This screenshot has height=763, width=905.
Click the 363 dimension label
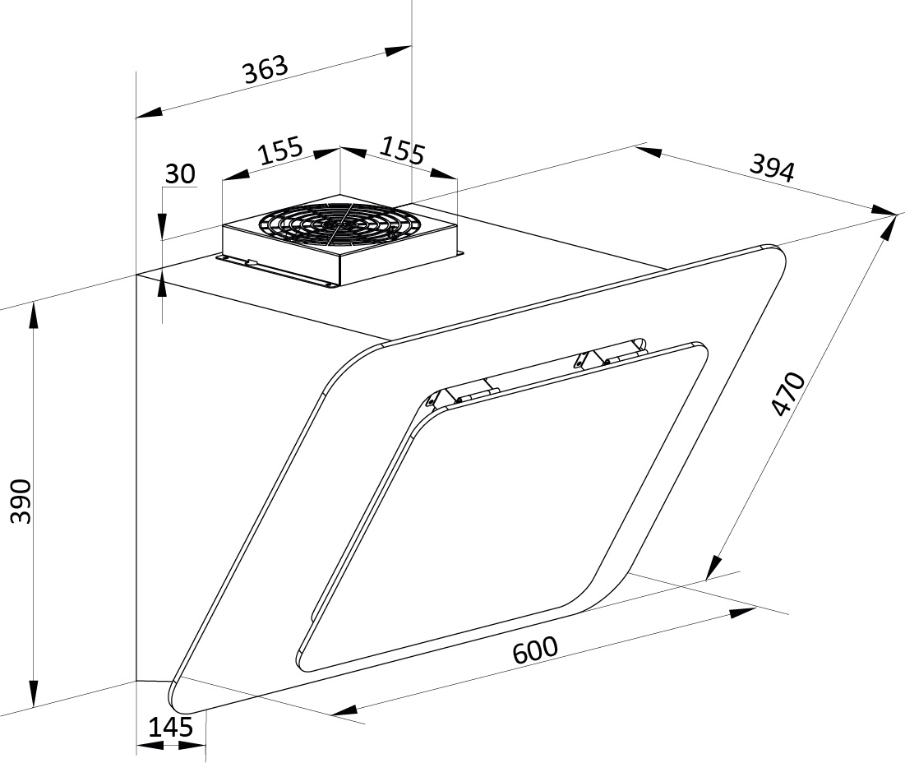[265, 70]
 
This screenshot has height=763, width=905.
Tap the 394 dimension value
[773, 169]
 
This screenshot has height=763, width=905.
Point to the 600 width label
[536, 650]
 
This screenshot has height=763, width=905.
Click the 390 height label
[22, 501]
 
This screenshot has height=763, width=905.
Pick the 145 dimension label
[171, 727]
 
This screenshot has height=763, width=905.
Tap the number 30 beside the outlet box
[180, 173]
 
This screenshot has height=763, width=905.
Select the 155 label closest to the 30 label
[280, 150]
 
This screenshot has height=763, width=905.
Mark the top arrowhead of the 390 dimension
[34, 316]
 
